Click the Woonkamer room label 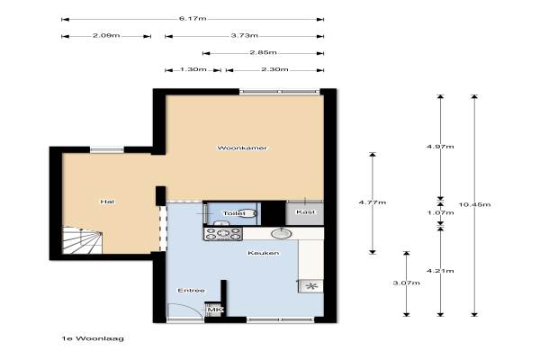tap(242, 148)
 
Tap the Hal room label tap(107, 202)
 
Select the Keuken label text tap(264, 253)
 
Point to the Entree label tap(191, 291)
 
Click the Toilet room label tap(234, 213)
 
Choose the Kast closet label tap(305, 211)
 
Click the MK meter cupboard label tap(215, 310)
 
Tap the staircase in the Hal tap(83, 239)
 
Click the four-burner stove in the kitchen tap(223, 234)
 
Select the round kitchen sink tap(282, 233)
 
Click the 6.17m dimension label tap(193, 19)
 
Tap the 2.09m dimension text tap(106, 35)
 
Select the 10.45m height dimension tap(474, 204)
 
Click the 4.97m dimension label tap(440, 147)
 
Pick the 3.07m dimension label tap(407, 283)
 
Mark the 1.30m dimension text tap(193, 69)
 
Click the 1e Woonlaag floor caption tap(93, 338)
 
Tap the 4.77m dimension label tap(373, 202)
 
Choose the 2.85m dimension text tap(263, 53)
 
